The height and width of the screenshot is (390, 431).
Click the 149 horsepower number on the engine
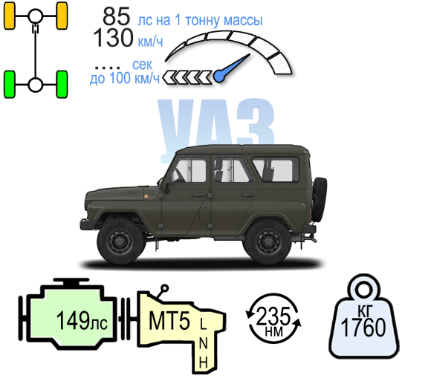click(x=73, y=320)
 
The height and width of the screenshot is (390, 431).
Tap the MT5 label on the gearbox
click(x=169, y=321)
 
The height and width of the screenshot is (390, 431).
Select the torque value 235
click(x=273, y=316)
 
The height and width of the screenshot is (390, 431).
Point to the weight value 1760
click(x=363, y=328)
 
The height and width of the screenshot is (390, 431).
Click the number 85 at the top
click(x=116, y=16)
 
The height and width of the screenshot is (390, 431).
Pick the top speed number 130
click(x=113, y=38)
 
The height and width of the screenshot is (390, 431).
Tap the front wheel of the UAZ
click(x=120, y=241)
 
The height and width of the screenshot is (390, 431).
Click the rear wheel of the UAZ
click(x=268, y=241)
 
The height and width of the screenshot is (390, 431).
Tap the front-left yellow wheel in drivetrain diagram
click(x=10, y=16)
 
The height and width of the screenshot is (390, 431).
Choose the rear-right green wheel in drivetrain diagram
click(x=62, y=84)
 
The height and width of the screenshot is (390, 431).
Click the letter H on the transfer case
click(x=203, y=363)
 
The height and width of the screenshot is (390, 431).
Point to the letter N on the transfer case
click(x=203, y=343)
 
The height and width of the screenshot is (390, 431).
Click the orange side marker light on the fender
click(x=146, y=196)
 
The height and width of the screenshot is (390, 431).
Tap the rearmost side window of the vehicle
click(x=276, y=169)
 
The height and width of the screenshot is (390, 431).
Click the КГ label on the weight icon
click(x=364, y=311)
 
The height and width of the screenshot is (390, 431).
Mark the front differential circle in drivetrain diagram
click(x=35, y=16)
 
